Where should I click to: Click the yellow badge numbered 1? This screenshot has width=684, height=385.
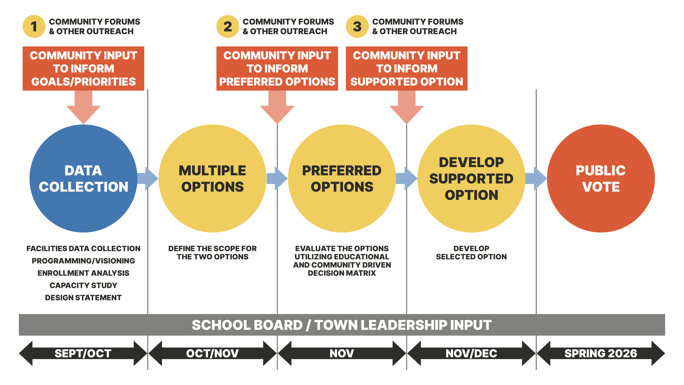(x=34, y=27)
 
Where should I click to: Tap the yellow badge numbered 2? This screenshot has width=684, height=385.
(x=228, y=27)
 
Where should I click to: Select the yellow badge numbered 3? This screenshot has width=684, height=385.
(x=357, y=27)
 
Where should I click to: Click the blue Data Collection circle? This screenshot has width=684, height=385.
(x=83, y=179)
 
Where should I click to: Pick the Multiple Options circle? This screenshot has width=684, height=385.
(x=213, y=179)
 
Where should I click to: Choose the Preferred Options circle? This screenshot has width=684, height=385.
(x=342, y=179)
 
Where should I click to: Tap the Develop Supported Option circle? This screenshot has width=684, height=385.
(x=471, y=179)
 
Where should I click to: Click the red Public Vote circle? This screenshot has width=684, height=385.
(x=601, y=179)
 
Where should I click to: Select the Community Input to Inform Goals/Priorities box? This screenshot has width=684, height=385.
(x=83, y=68)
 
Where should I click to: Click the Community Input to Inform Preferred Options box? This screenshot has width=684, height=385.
(x=277, y=68)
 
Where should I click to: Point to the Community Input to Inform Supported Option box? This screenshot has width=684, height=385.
(x=407, y=68)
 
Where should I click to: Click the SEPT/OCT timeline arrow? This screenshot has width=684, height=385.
(x=83, y=353)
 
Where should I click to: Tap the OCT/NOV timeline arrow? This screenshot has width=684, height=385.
(x=212, y=353)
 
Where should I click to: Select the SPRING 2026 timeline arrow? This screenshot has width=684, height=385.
(x=601, y=353)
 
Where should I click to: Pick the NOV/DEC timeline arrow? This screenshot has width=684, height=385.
(x=471, y=353)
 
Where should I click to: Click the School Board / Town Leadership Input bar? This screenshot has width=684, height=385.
(x=342, y=325)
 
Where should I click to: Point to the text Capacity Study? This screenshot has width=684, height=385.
(x=83, y=285)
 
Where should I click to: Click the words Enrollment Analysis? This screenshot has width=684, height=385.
(x=83, y=273)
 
